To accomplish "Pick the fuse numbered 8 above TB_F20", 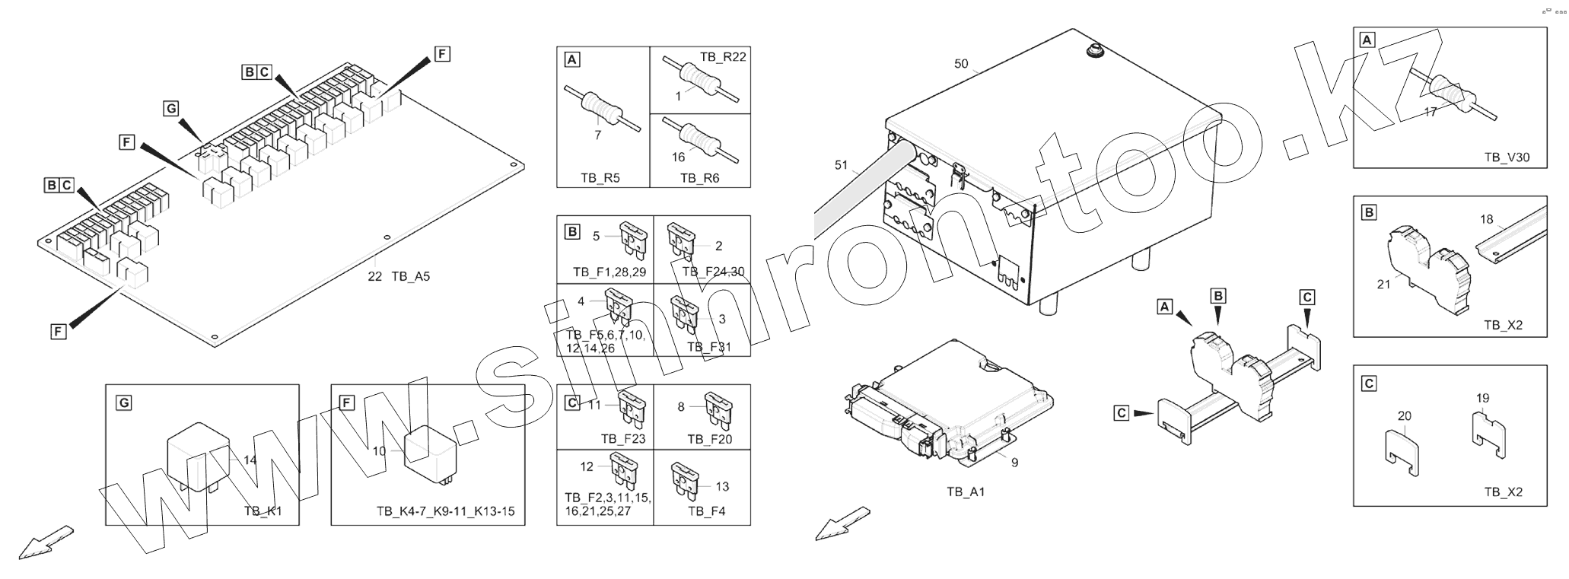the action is [x=718, y=409].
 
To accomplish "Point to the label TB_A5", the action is [x=411, y=277].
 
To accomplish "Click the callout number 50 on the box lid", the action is [x=961, y=64].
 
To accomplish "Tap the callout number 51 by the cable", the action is [x=841, y=165].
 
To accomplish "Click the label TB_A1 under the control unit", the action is [x=966, y=492].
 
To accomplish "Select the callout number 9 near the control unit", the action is [x=1014, y=462].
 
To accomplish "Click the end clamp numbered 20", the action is [x=1400, y=453].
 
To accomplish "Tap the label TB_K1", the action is [x=263, y=511].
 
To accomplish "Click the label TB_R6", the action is [x=699, y=178].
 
